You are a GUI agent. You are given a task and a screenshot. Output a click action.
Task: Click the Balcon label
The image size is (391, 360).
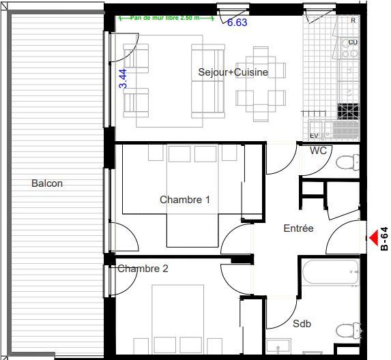46,183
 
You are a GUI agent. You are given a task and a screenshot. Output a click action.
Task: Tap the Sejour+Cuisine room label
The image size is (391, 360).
233,72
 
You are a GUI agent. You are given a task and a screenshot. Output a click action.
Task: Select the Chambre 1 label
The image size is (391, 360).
185,200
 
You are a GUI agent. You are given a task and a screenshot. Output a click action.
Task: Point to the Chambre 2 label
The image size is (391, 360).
143,269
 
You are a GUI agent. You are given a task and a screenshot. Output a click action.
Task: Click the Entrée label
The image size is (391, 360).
298,228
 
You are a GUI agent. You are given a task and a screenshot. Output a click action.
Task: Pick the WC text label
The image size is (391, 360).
319,150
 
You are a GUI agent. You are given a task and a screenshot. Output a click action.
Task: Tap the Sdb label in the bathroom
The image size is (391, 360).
302,324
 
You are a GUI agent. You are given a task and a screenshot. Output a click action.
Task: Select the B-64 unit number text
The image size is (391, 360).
384,239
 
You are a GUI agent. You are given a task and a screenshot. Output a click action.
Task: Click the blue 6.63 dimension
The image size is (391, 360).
237,22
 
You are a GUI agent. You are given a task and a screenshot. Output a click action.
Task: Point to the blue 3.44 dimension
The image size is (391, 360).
124,78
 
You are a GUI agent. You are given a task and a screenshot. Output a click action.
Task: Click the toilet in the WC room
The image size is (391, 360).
348,162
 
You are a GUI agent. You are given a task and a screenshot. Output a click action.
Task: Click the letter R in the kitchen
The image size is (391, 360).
353,20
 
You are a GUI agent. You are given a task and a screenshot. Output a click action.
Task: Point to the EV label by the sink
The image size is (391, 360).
315,136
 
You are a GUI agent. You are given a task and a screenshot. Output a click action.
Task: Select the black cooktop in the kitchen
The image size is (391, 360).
348,110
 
